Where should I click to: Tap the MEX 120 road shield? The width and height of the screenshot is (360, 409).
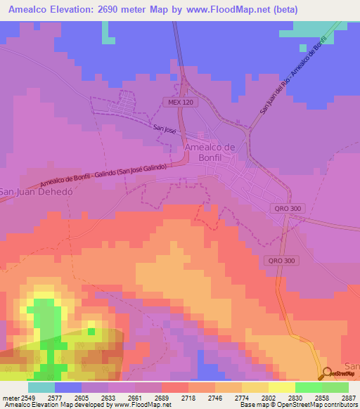(x=180, y=103)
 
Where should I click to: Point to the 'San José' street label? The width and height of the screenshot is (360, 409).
(x=165, y=128)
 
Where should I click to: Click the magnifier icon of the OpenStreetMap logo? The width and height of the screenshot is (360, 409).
(x=328, y=374)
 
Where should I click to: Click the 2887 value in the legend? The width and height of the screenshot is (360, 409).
(x=349, y=398)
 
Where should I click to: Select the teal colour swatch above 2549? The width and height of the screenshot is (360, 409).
(x=41, y=387)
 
